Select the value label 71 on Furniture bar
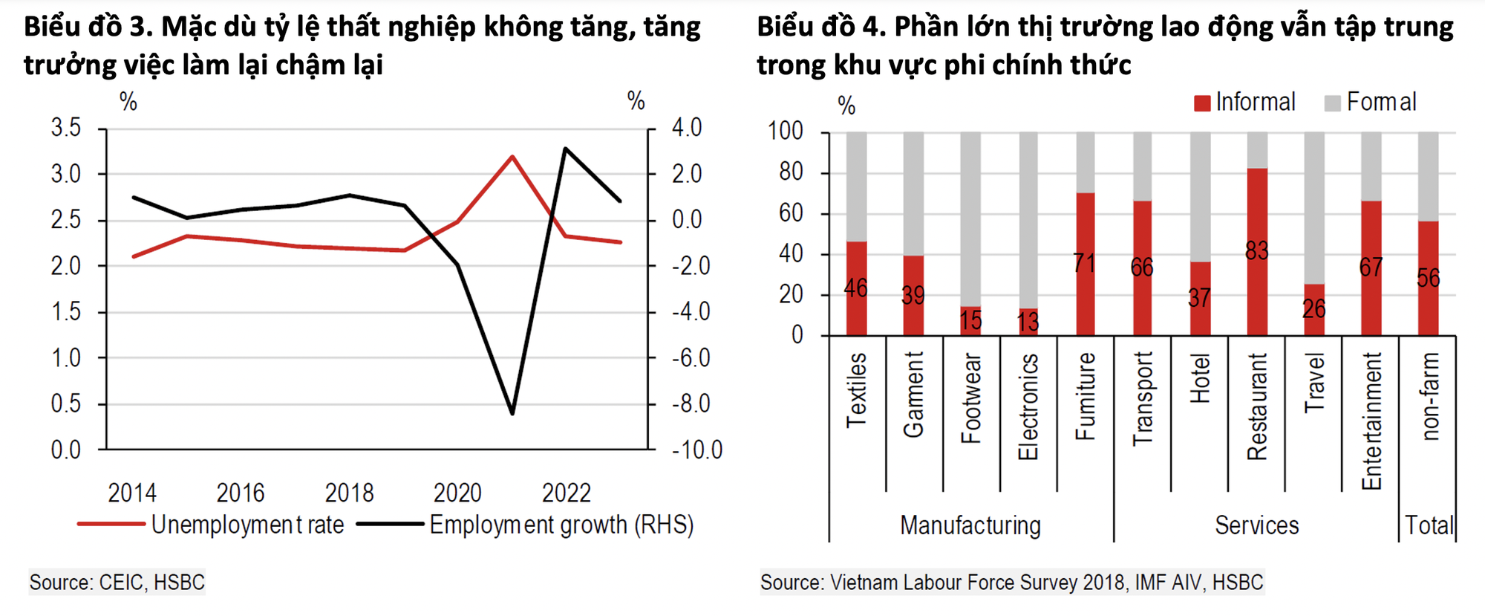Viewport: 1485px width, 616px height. [1084, 263]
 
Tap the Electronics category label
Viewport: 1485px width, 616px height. [1028, 406]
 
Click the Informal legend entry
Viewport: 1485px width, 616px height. [1245, 103]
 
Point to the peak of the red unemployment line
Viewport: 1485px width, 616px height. [512, 157]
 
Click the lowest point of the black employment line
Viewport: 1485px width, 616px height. [512, 412]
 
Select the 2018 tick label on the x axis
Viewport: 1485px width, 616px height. [349, 493]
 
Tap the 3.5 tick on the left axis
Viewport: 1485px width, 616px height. [66, 128]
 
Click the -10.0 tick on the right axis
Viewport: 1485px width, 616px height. [696, 450]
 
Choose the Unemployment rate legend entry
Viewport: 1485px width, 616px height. [211, 525]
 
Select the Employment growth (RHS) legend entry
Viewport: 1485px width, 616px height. [526, 525]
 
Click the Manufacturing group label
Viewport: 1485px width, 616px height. [970, 525]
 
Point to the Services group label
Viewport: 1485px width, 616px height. [1256, 525]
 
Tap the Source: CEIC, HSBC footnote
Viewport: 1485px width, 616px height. [117, 582]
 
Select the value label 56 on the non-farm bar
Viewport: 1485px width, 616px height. [1428, 278]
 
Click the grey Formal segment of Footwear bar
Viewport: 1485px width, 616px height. [970, 215]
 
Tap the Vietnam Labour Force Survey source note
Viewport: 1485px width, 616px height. [1011, 582]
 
